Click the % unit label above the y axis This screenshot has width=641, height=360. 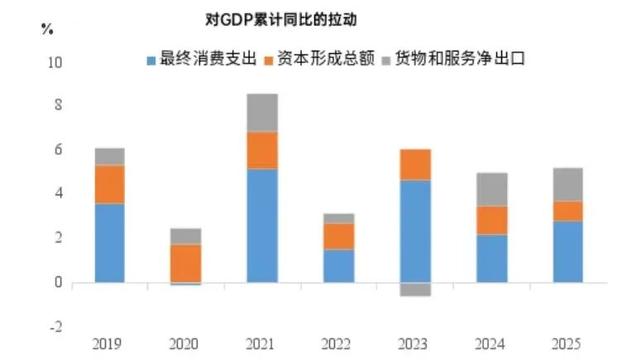[46, 29]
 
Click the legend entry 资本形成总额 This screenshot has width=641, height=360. [318, 59]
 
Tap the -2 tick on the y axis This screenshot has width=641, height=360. [54, 326]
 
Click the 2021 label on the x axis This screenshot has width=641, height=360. [263, 343]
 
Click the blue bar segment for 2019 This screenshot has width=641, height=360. [110, 242]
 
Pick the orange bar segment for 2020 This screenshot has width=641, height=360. [186, 262]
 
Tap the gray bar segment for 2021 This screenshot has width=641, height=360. [263, 113]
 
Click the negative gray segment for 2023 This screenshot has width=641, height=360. [415, 289]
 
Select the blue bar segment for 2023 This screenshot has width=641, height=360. [415, 231]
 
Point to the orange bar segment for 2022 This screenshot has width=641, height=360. [339, 236]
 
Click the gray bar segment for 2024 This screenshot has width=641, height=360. [492, 189]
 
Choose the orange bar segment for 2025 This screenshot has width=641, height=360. [567, 210]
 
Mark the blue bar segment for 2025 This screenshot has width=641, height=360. [567, 251]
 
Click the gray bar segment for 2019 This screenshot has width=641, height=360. [110, 156]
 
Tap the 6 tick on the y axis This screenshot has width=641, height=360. [55, 150]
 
